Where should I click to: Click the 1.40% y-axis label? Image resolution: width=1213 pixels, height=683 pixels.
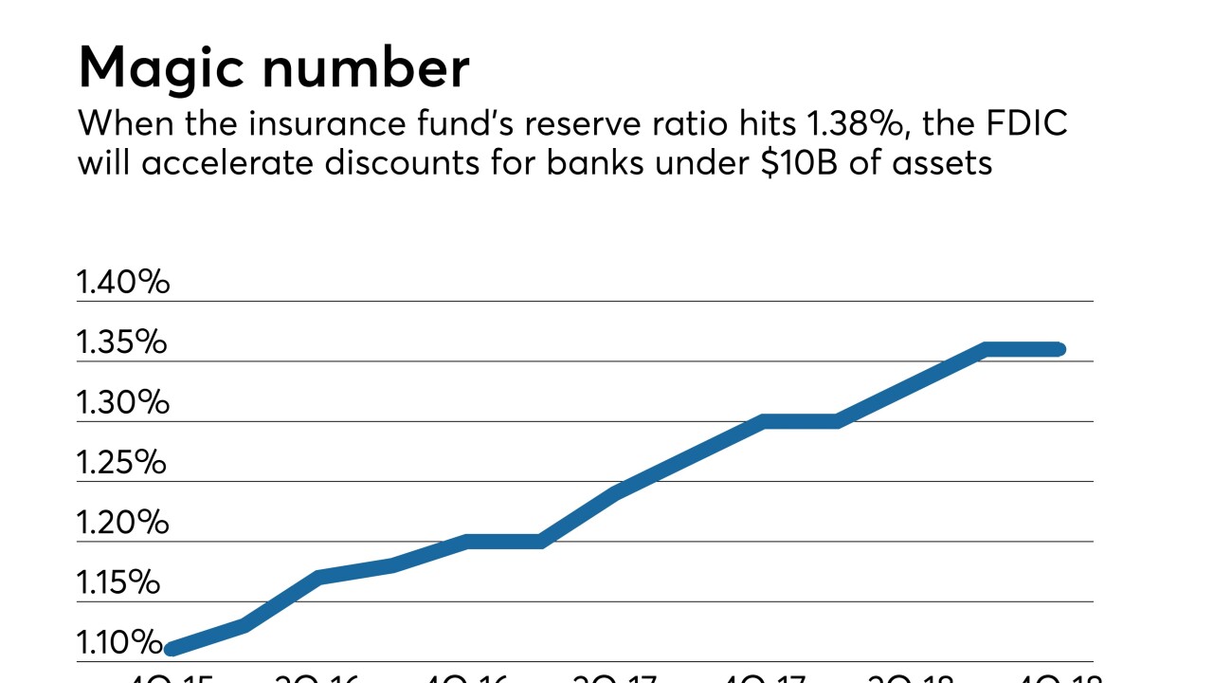coord(122,282)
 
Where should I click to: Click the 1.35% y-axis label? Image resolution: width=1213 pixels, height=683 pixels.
coord(121,342)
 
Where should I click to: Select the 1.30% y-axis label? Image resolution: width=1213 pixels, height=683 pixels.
coord(122,402)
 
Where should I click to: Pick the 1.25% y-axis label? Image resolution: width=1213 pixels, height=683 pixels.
coord(121,463)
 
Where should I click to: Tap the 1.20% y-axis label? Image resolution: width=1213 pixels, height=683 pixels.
coord(122,523)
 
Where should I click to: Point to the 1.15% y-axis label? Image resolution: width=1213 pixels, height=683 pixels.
coord(118,582)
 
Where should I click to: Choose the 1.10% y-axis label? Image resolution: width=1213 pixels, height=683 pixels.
coord(119,642)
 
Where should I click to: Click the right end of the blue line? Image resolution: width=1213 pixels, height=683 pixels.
coord(1059,349)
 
